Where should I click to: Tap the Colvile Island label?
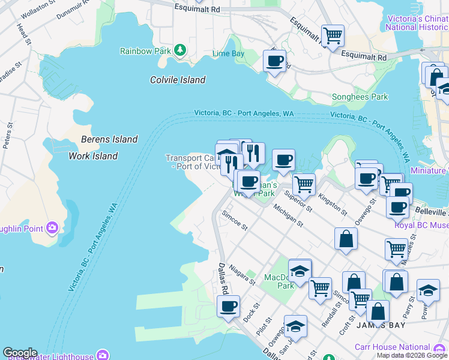[x=177, y=80]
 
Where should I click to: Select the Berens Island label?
[x=109, y=139]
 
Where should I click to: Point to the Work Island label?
[x=93, y=156]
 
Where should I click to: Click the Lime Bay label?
[x=228, y=54]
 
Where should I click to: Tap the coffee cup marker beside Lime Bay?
[x=274, y=61]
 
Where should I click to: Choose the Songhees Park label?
[x=360, y=97]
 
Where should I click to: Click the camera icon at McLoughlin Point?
[x=52, y=227]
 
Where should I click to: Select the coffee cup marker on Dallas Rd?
[x=228, y=307]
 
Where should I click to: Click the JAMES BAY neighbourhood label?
[x=381, y=325]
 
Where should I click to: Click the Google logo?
[x=20, y=353]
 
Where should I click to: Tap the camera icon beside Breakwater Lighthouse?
[x=103, y=355]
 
